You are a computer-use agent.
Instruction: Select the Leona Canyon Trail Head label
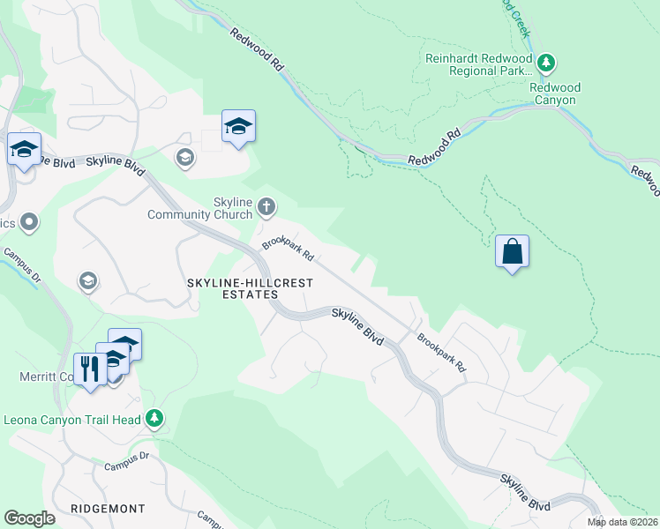(x=71, y=420)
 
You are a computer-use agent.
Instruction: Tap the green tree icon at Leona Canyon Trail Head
(x=155, y=418)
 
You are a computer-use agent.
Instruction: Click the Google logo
(x=30, y=518)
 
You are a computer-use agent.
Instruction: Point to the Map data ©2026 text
(x=622, y=522)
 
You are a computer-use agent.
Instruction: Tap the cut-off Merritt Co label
(x=44, y=376)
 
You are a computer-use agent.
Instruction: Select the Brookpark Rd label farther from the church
(x=440, y=351)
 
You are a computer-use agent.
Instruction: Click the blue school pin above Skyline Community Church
(x=238, y=128)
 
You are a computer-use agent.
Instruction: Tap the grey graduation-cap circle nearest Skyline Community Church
(x=185, y=158)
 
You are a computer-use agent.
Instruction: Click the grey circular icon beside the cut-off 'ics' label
(x=29, y=222)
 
